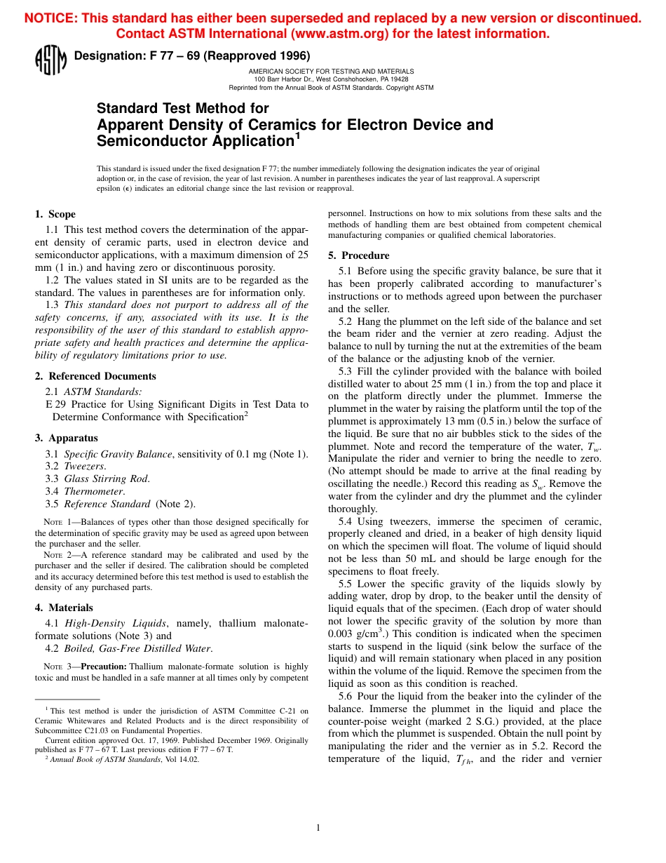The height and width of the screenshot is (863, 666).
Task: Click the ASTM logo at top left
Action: tap(50, 60)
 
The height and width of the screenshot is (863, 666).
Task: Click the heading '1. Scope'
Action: tap(55, 214)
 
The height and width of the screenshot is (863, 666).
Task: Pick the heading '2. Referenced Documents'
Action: tap(95, 376)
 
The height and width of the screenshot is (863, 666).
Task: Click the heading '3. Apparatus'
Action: tap(67, 438)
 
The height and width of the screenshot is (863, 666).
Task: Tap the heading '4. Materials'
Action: tap(64, 608)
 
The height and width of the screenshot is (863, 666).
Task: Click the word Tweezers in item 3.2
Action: tap(85, 467)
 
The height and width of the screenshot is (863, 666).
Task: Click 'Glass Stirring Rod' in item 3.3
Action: tap(107, 479)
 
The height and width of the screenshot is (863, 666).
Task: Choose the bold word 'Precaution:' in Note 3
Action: tap(104, 666)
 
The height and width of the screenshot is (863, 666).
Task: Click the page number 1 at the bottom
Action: tap(318, 828)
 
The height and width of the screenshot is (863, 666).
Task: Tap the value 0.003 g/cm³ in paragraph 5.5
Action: tap(355, 634)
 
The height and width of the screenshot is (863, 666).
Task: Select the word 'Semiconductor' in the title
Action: tap(152, 141)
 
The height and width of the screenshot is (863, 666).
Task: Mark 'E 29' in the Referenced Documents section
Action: tap(55, 405)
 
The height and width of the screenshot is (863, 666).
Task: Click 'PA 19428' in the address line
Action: tap(393, 79)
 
